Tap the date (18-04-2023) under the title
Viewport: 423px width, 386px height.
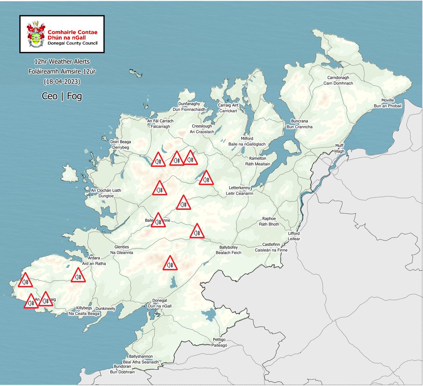[x=62, y=82]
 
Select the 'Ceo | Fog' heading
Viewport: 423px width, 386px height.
[x=62, y=96]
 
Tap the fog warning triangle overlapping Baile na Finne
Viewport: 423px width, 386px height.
[x=158, y=220]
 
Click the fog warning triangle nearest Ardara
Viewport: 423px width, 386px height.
[x=78, y=276]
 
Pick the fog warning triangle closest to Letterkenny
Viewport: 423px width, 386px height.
[x=206, y=178]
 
